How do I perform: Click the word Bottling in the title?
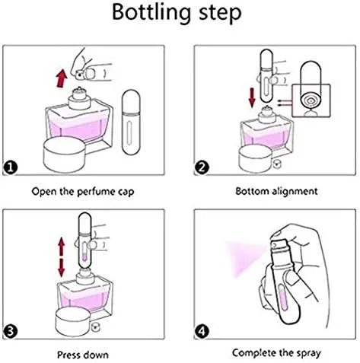pos(151,13)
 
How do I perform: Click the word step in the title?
pos(220,14)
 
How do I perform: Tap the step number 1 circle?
pos(11,167)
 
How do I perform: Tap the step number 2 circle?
pos(202,167)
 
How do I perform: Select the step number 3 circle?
pos(11,332)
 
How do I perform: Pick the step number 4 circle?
pos(202,332)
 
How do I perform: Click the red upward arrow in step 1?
pos(62,78)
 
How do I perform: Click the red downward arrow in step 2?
pos(252,97)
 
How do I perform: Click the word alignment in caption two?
pos(295,191)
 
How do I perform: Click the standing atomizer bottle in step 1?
pos(131,122)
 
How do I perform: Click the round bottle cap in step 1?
pos(65,154)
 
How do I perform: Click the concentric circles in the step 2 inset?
pos(311,102)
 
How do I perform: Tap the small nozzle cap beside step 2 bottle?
pos(276,164)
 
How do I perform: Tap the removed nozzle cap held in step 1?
pos(79,75)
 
